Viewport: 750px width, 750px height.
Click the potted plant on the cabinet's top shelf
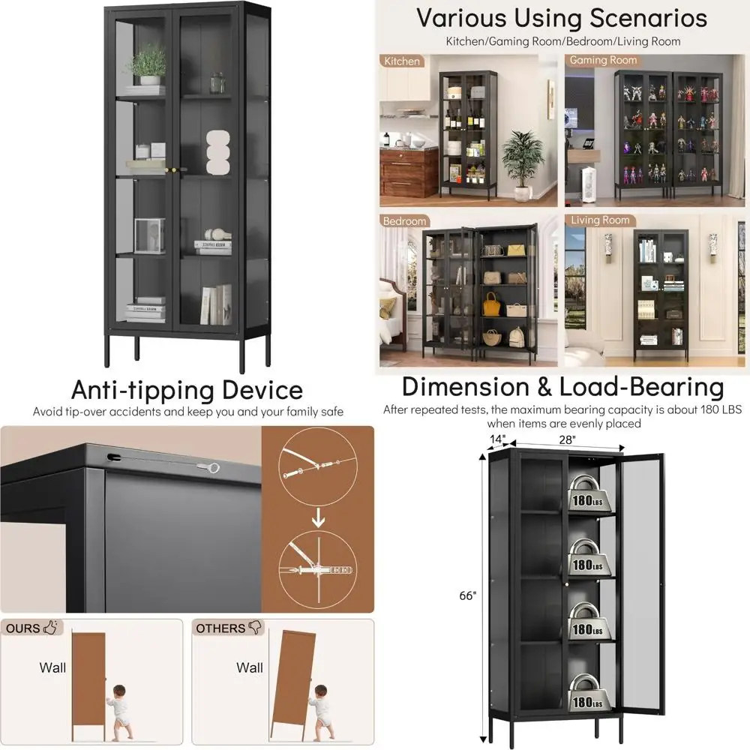coord(151,64)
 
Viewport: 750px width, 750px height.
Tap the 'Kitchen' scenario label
coord(402,61)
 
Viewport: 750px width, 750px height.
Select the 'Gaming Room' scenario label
coord(603,60)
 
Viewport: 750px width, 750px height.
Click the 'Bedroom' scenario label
coord(404,221)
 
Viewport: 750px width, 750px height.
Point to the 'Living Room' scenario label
coord(600,220)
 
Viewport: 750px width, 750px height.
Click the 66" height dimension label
coord(468,595)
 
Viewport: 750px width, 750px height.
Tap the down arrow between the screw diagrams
coord(317,518)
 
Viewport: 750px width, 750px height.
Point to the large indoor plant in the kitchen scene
coord(523,161)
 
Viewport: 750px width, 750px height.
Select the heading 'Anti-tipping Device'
coord(187,390)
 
